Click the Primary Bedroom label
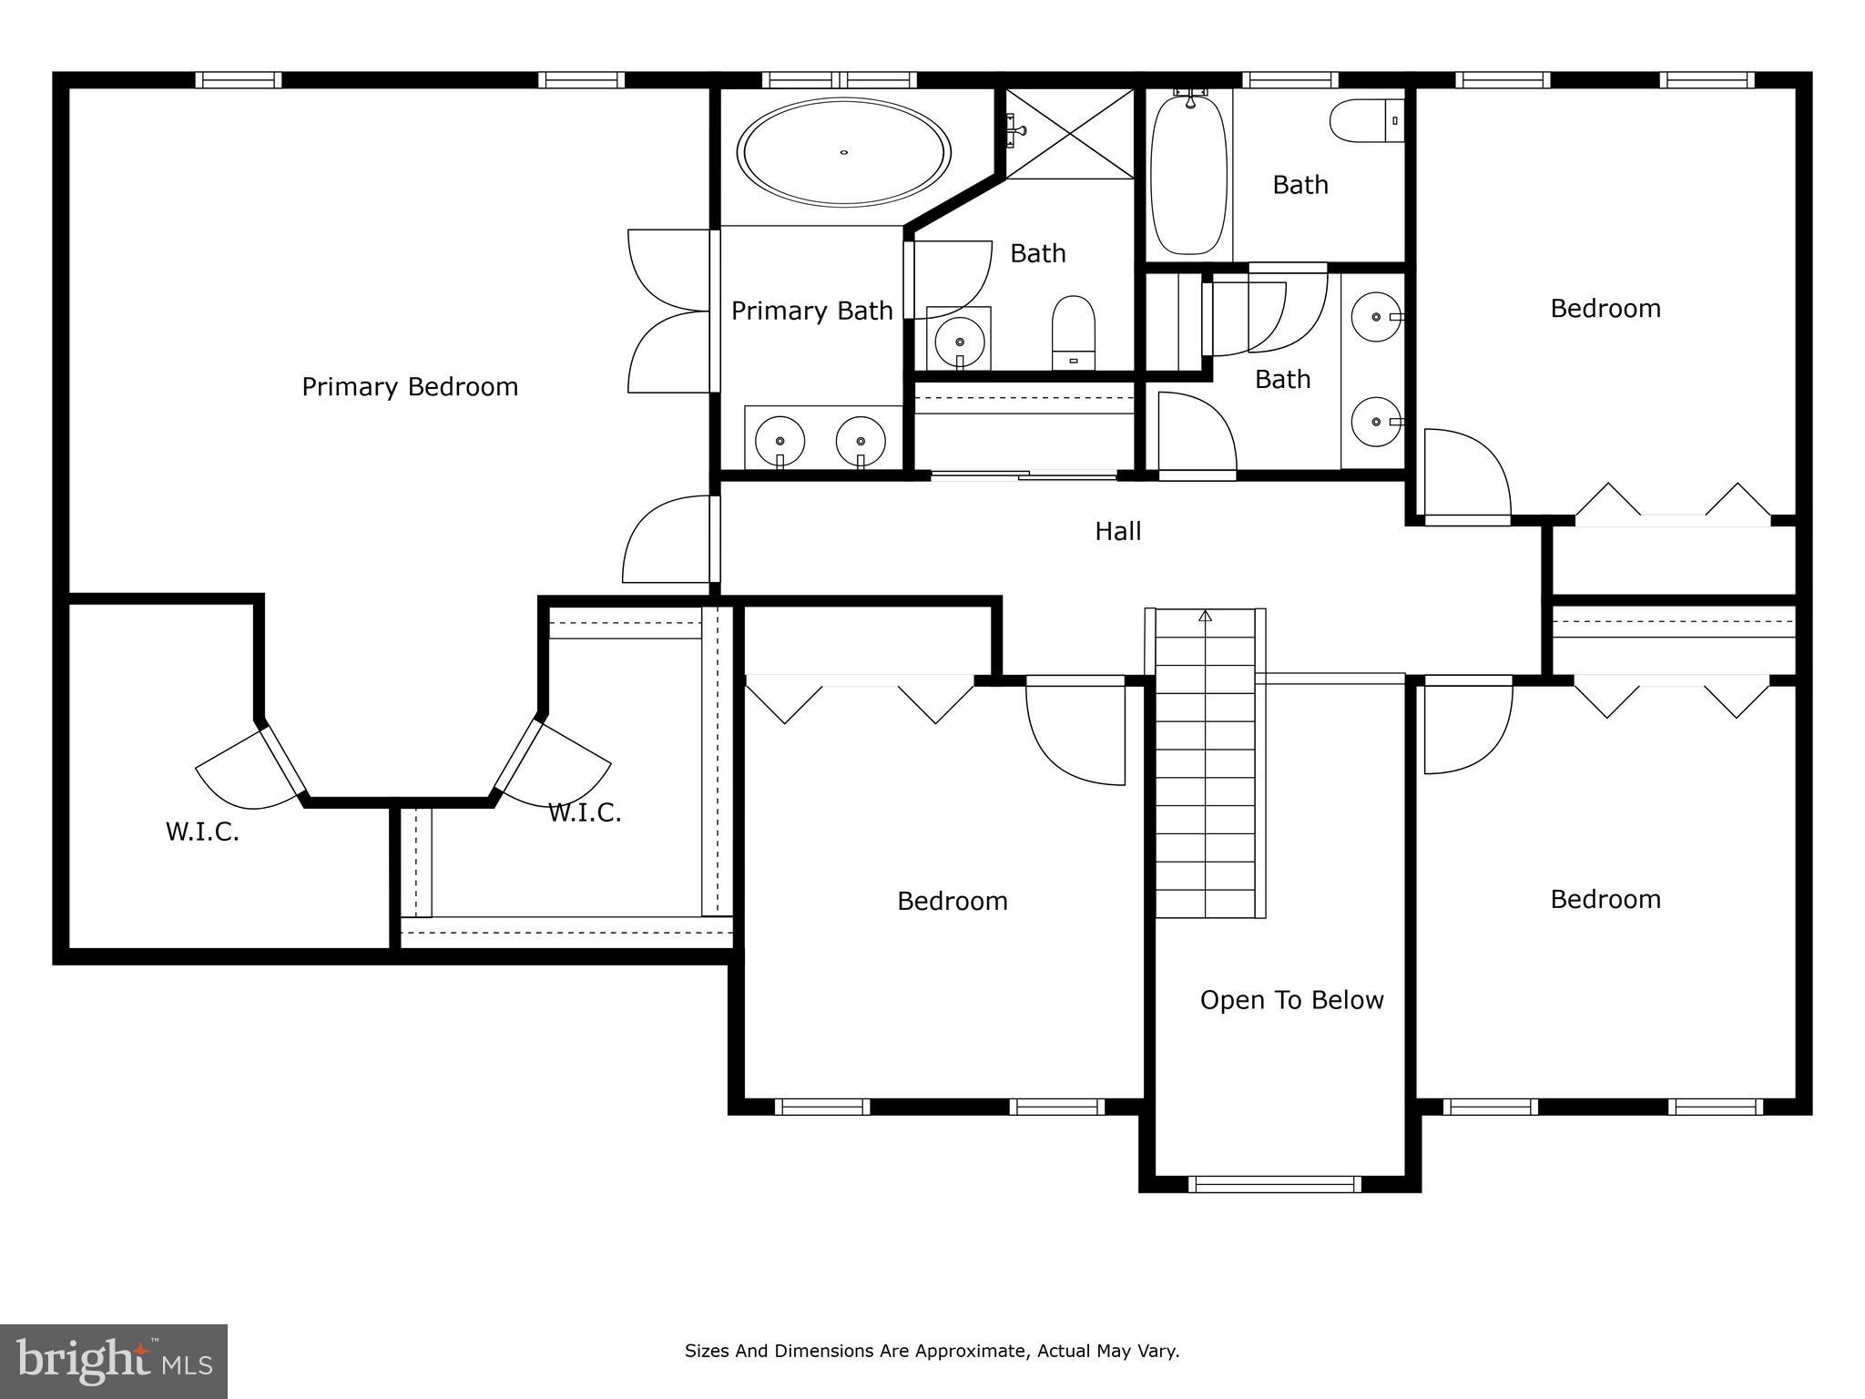(x=410, y=387)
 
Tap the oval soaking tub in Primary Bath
(x=844, y=152)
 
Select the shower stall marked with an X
(x=1070, y=134)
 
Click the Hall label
(x=1117, y=531)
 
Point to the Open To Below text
(x=1291, y=1000)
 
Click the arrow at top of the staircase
(x=1206, y=617)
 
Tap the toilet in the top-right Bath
(x=1364, y=121)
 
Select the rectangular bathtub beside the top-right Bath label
(x=1188, y=173)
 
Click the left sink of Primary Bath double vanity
(x=780, y=441)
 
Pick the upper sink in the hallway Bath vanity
(x=1376, y=317)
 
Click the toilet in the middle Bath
(x=1074, y=332)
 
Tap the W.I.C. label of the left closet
(x=202, y=832)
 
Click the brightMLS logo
(x=114, y=1362)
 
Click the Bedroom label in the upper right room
(x=1605, y=309)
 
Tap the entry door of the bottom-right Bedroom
(x=1466, y=724)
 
